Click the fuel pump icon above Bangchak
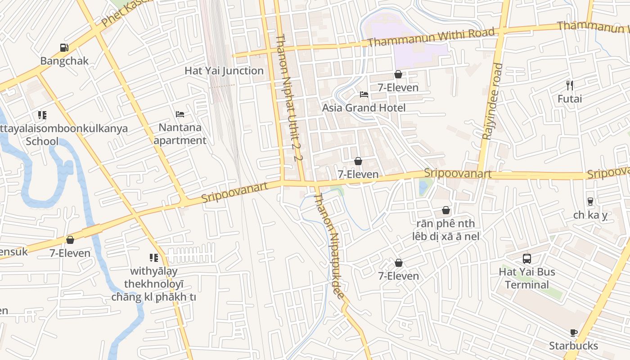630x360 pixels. (x=64, y=48)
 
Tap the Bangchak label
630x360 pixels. (x=64, y=61)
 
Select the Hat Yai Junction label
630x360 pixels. (x=224, y=71)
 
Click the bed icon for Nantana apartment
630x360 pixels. (x=180, y=114)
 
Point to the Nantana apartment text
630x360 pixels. (x=180, y=134)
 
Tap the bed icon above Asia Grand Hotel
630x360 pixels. (x=364, y=94)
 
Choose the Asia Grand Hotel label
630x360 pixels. (x=364, y=108)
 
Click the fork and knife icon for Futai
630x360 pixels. (x=570, y=85)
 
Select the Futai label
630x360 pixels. (x=570, y=99)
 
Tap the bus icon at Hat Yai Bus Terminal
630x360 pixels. (x=527, y=259)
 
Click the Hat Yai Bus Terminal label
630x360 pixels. (x=527, y=278)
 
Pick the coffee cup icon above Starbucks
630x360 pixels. (x=573, y=333)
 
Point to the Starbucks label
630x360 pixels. (x=573, y=346)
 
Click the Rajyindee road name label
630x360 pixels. (x=492, y=101)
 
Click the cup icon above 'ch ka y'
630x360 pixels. (x=590, y=202)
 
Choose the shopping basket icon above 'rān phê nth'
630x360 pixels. (x=445, y=210)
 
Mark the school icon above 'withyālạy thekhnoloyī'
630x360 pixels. (x=154, y=258)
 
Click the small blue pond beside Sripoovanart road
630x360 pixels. (x=423, y=187)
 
